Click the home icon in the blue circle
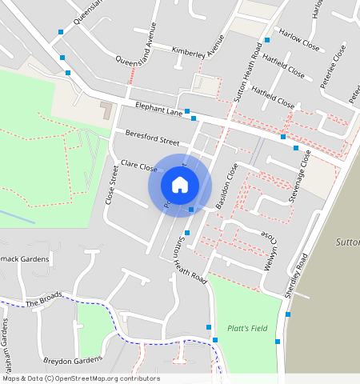point(180,185)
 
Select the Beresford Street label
point(152,138)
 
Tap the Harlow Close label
point(299,42)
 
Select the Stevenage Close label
point(298,177)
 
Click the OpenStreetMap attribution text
point(80,378)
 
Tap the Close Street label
point(112,184)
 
